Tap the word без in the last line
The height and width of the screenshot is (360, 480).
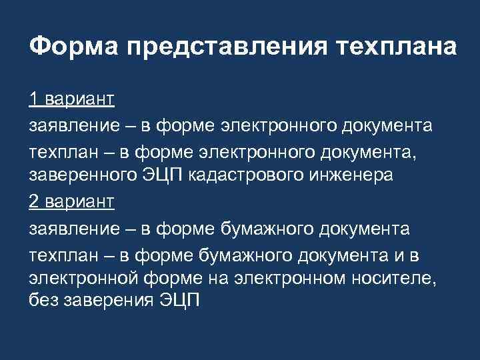(43, 300)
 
